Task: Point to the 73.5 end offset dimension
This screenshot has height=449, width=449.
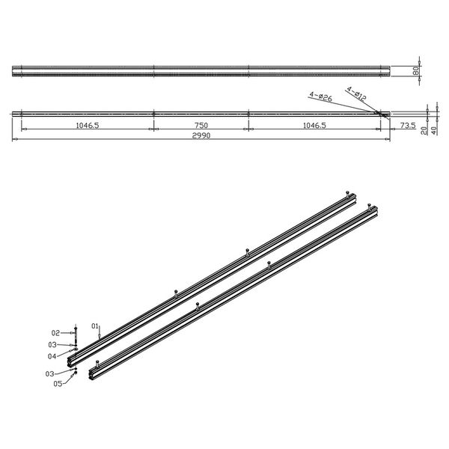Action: (x=406, y=126)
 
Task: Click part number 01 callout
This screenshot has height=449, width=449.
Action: (x=95, y=326)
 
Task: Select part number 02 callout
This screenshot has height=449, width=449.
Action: (x=55, y=332)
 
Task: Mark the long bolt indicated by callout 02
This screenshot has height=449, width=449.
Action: (x=76, y=333)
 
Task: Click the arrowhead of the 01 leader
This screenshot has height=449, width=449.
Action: (x=100, y=341)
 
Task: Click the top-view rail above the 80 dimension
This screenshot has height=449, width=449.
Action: (x=202, y=71)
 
